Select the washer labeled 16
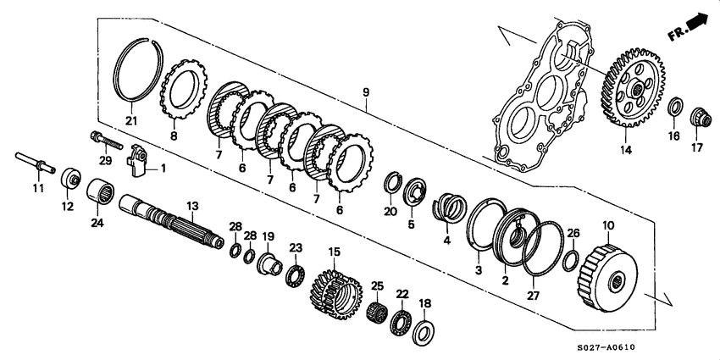click(x=675, y=108)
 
